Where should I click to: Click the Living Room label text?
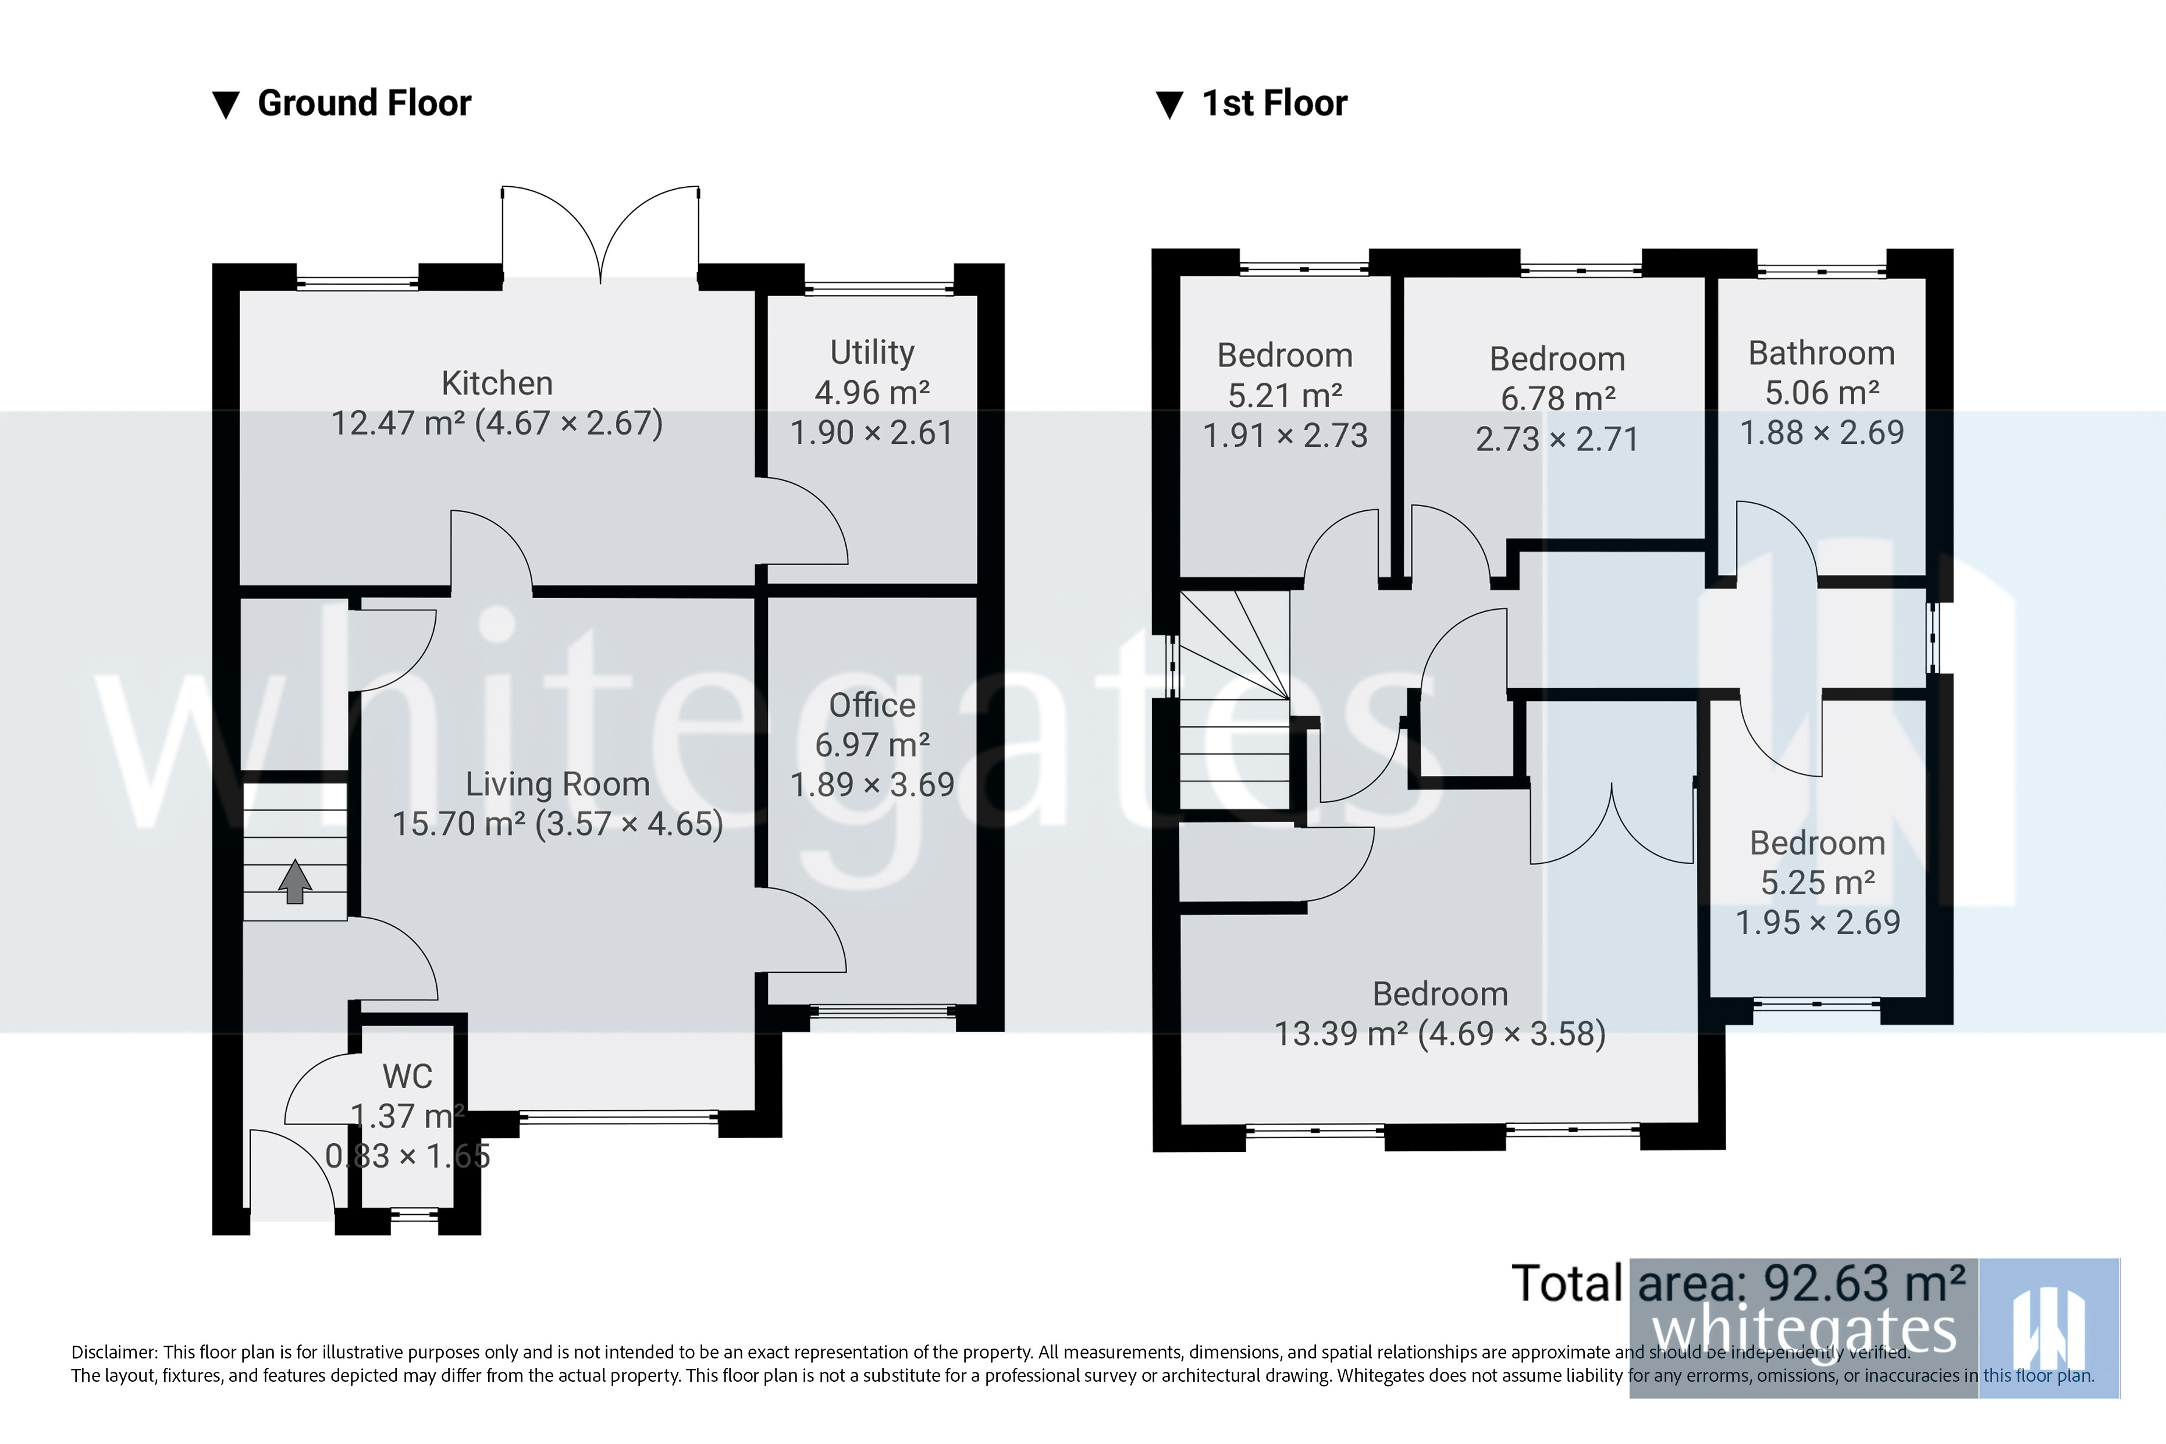(x=557, y=784)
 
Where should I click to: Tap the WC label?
(x=407, y=1076)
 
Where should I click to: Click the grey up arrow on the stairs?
(x=295, y=881)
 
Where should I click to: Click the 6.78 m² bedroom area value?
(x=1557, y=399)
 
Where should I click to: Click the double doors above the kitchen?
(x=600, y=235)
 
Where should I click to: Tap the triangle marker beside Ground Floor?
(x=226, y=105)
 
